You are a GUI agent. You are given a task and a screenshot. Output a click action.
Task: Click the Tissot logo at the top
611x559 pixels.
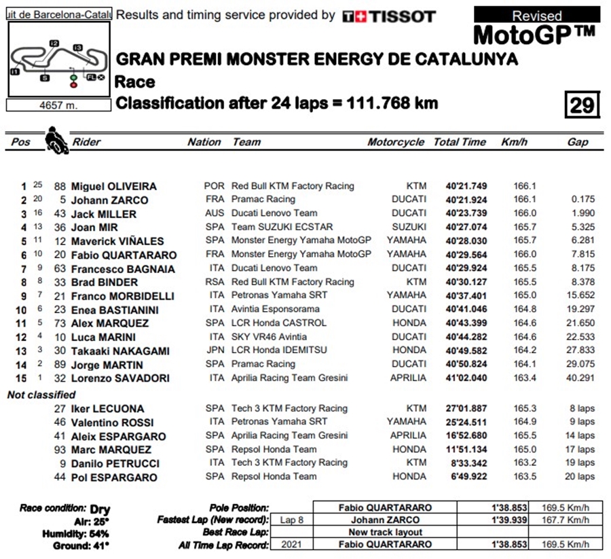[x=388, y=16]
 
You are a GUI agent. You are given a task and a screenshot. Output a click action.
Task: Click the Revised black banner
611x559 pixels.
[x=536, y=16]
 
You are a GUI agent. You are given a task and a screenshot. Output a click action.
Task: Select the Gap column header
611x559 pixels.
[x=578, y=142]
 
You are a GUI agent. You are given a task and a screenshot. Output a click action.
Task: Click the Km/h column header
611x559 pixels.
[x=515, y=142]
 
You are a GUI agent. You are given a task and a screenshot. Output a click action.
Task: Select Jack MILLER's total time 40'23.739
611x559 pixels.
[x=466, y=213]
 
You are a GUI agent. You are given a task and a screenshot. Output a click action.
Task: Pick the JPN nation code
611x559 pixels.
[x=214, y=350]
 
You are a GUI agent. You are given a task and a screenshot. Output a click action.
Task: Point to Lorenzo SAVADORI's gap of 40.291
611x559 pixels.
[x=580, y=378]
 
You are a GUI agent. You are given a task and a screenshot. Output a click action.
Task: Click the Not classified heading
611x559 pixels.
[x=41, y=395]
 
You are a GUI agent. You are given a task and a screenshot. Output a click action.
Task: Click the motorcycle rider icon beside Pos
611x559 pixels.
[x=56, y=141]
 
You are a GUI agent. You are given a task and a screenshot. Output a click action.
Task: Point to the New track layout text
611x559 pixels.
[x=385, y=532]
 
